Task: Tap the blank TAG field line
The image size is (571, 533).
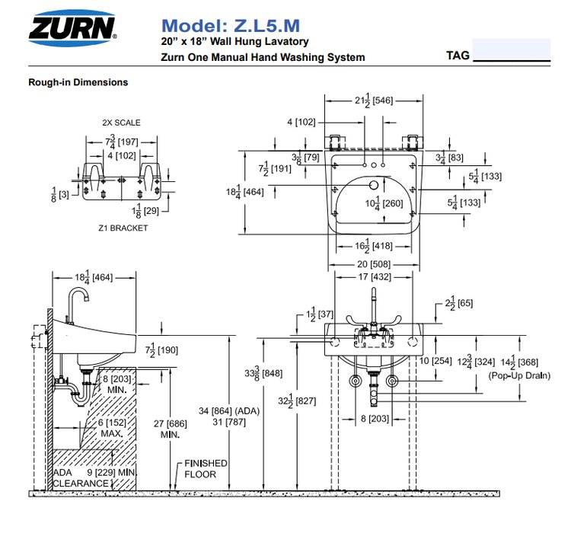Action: tap(511, 57)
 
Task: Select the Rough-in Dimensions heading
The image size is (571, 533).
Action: tap(78, 82)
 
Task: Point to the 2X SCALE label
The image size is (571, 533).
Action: tap(121, 123)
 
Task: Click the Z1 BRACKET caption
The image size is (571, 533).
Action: tap(123, 228)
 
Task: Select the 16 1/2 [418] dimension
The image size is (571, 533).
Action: tap(373, 246)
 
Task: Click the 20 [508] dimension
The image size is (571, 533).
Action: tap(374, 265)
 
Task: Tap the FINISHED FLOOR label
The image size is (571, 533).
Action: tap(206, 468)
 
